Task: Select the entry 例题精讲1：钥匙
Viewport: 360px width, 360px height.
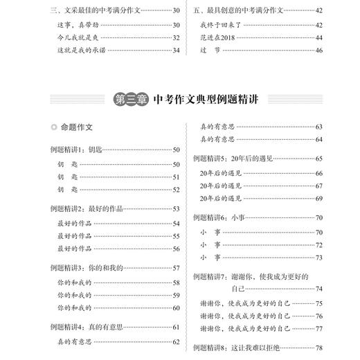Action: [x=77, y=149]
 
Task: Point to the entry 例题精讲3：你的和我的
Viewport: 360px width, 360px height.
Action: [x=86, y=267]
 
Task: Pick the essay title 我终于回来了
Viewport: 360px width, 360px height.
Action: [x=224, y=24]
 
